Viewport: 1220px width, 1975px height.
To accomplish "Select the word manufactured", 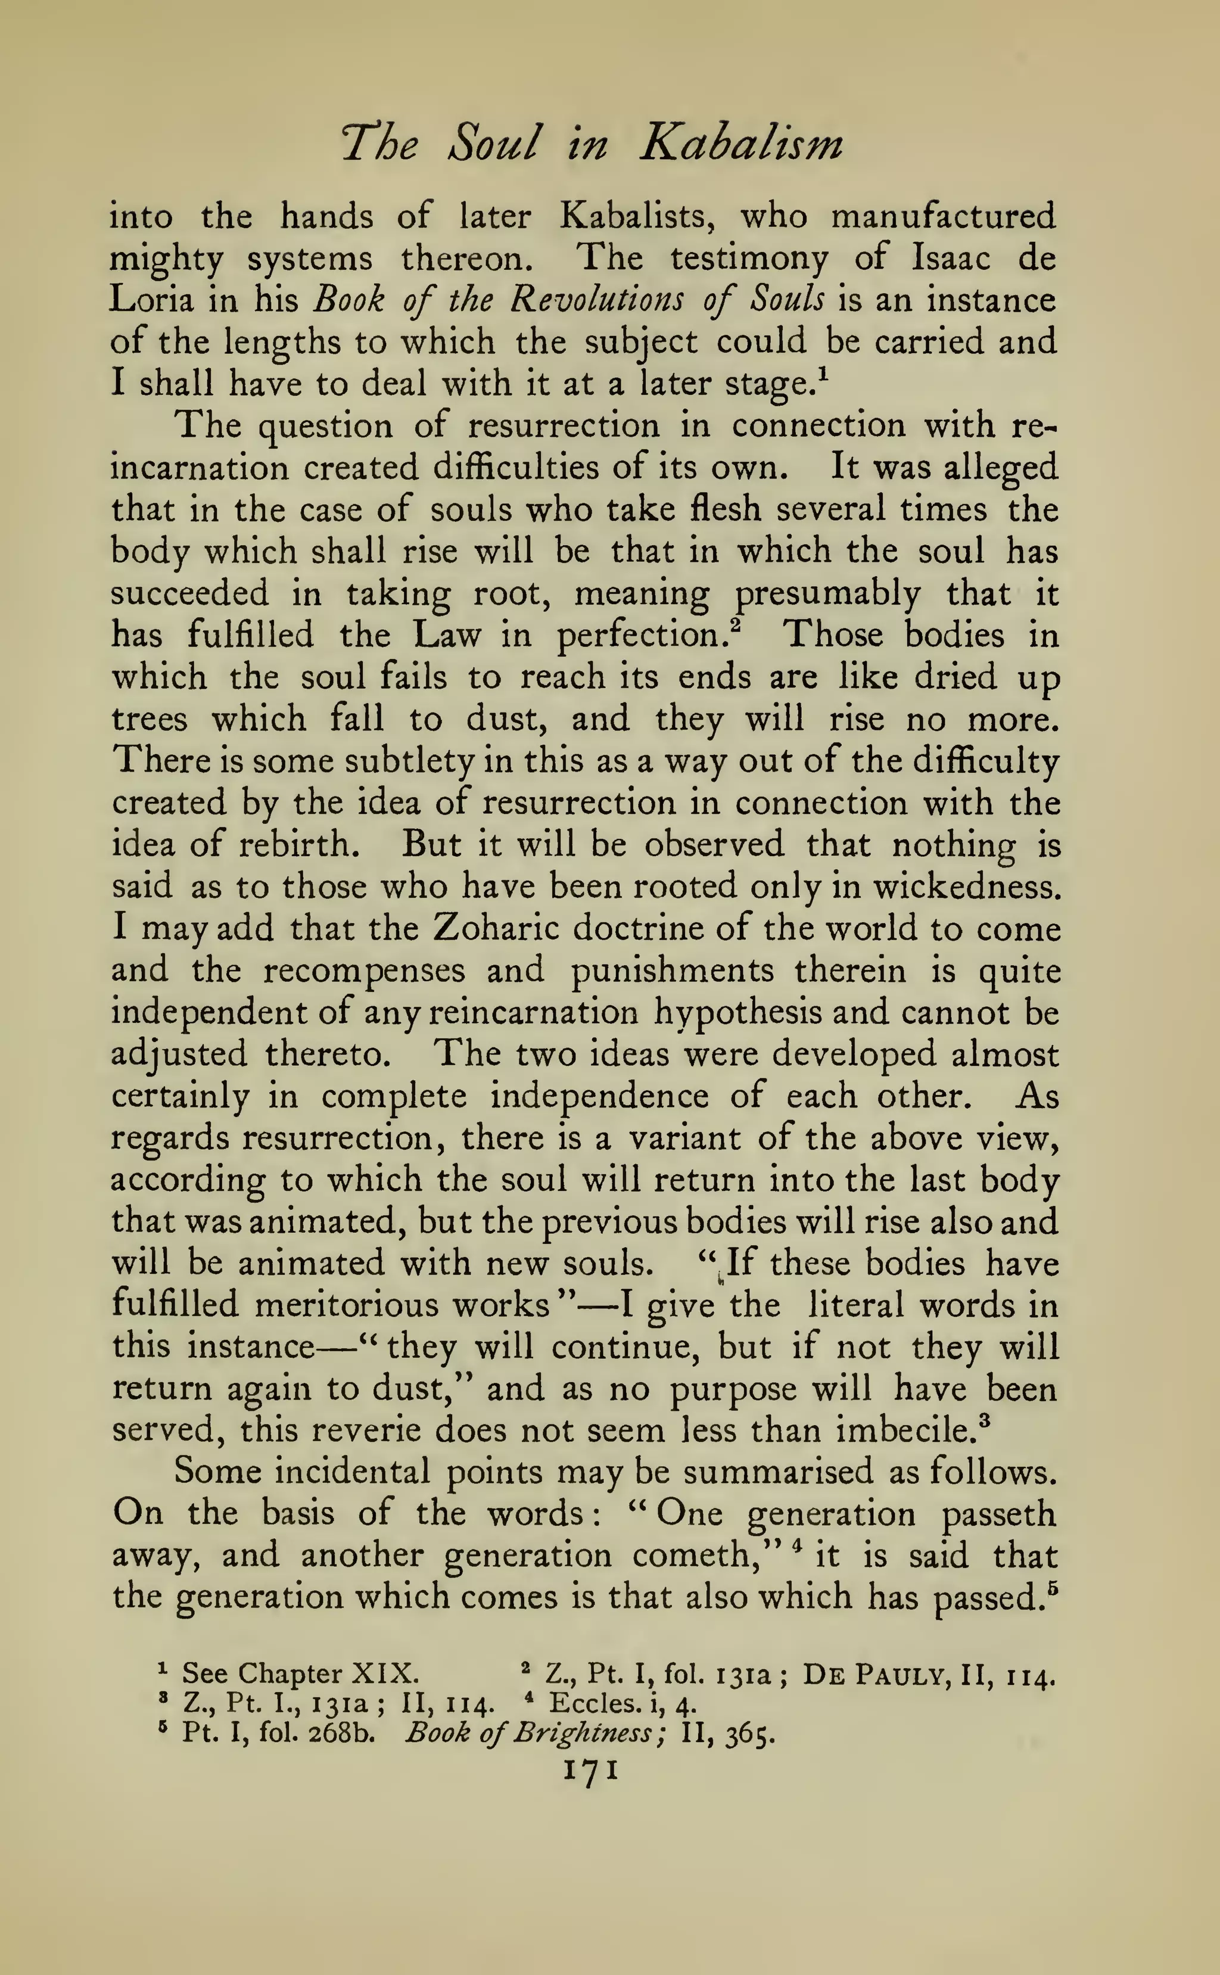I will tap(943, 216).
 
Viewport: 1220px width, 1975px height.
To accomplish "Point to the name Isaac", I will tap(939, 258).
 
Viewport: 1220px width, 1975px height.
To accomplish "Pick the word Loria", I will tap(150, 300).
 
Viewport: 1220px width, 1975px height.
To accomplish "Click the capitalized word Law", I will tap(446, 635).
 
